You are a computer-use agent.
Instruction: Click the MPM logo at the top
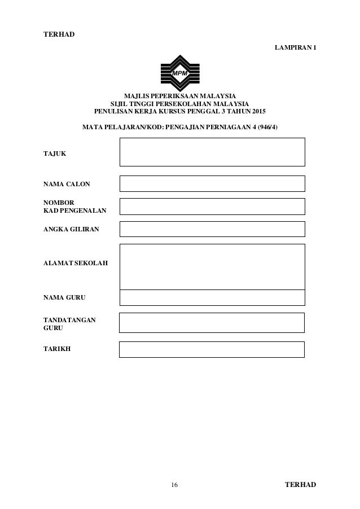(x=180, y=73)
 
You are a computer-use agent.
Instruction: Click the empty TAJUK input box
(x=212, y=152)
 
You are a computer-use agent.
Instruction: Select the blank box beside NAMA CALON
(x=212, y=183)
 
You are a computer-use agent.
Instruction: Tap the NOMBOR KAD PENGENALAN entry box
(x=212, y=207)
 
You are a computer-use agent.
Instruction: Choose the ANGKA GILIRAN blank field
(x=212, y=229)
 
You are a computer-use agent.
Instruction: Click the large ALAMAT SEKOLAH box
(x=212, y=266)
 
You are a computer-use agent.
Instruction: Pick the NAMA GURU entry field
(x=212, y=297)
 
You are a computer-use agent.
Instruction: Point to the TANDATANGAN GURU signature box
(x=212, y=323)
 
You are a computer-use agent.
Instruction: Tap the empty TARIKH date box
(x=212, y=349)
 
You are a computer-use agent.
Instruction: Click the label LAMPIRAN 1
(x=295, y=47)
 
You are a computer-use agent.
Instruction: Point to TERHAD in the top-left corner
(x=59, y=34)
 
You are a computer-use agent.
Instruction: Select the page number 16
(x=174, y=485)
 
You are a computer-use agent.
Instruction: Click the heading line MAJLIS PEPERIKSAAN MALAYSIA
(x=180, y=96)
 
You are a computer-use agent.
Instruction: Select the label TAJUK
(x=54, y=153)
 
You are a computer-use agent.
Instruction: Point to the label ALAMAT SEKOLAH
(x=69, y=264)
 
